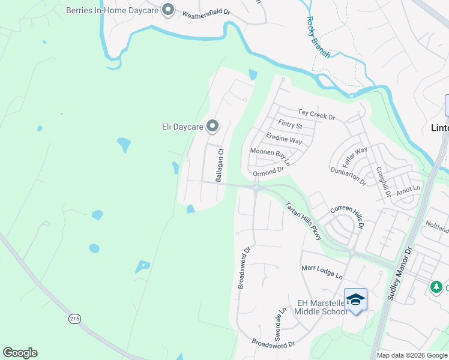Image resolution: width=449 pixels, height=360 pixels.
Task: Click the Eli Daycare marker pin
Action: tap(212, 126)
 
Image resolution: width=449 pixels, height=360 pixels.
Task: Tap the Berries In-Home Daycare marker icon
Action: tap(168, 10)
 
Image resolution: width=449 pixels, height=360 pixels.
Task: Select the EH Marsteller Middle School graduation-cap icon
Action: tap(355, 299)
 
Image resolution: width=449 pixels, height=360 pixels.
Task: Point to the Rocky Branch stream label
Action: tap(318, 37)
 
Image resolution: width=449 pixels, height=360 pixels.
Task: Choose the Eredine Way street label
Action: tap(284, 139)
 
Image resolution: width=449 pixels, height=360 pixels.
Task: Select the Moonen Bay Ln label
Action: tap(270, 156)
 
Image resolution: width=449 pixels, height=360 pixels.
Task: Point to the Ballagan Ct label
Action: tap(220, 165)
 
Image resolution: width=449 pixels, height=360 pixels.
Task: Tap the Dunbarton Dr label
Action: tap(348, 175)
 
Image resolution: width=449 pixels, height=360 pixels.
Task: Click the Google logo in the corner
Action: tap(20, 353)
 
